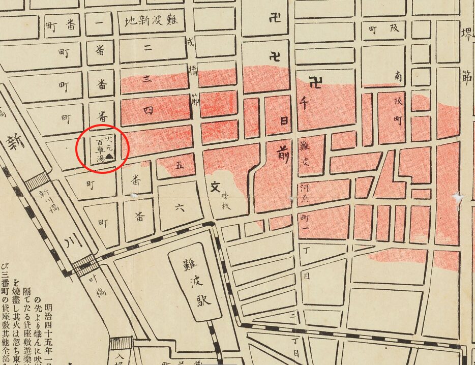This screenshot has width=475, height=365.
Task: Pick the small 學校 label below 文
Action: point(224,204)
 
